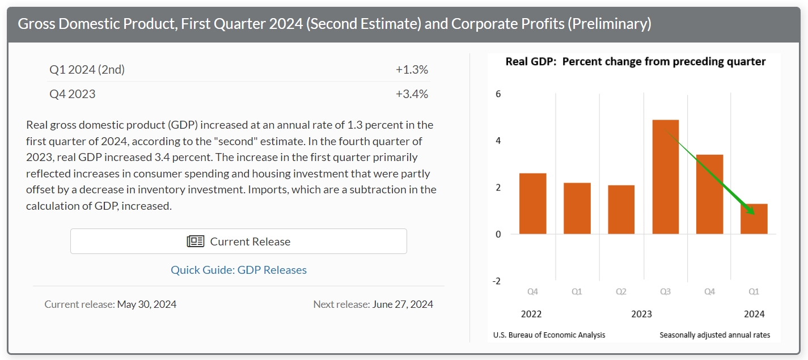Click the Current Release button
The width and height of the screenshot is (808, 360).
[x=238, y=242]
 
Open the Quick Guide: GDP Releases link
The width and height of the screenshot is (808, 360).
[x=239, y=270]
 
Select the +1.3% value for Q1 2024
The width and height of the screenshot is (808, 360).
[x=412, y=70]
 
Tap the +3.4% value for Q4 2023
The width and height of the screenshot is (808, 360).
[x=412, y=94]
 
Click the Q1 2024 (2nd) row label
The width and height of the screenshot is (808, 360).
[x=87, y=70]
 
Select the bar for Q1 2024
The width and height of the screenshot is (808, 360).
[x=754, y=219]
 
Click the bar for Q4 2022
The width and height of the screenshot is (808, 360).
[x=532, y=204]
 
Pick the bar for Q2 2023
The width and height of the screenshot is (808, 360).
[x=621, y=210]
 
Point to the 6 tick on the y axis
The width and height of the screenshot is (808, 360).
[x=498, y=94]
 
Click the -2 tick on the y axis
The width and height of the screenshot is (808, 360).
[x=497, y=281]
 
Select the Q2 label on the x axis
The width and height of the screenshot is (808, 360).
[x=621, y=292]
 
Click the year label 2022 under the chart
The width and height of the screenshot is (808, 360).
[x=531, y=314]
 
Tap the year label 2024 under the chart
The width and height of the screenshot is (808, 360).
[x=754, y=314]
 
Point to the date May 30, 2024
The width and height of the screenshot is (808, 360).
[x=147, y=304]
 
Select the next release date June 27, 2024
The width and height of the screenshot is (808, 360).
[x=403, y=304]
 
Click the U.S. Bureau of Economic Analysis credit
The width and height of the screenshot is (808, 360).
[x=549, y=335]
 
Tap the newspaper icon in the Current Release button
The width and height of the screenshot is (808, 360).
[x=196, y=242]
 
